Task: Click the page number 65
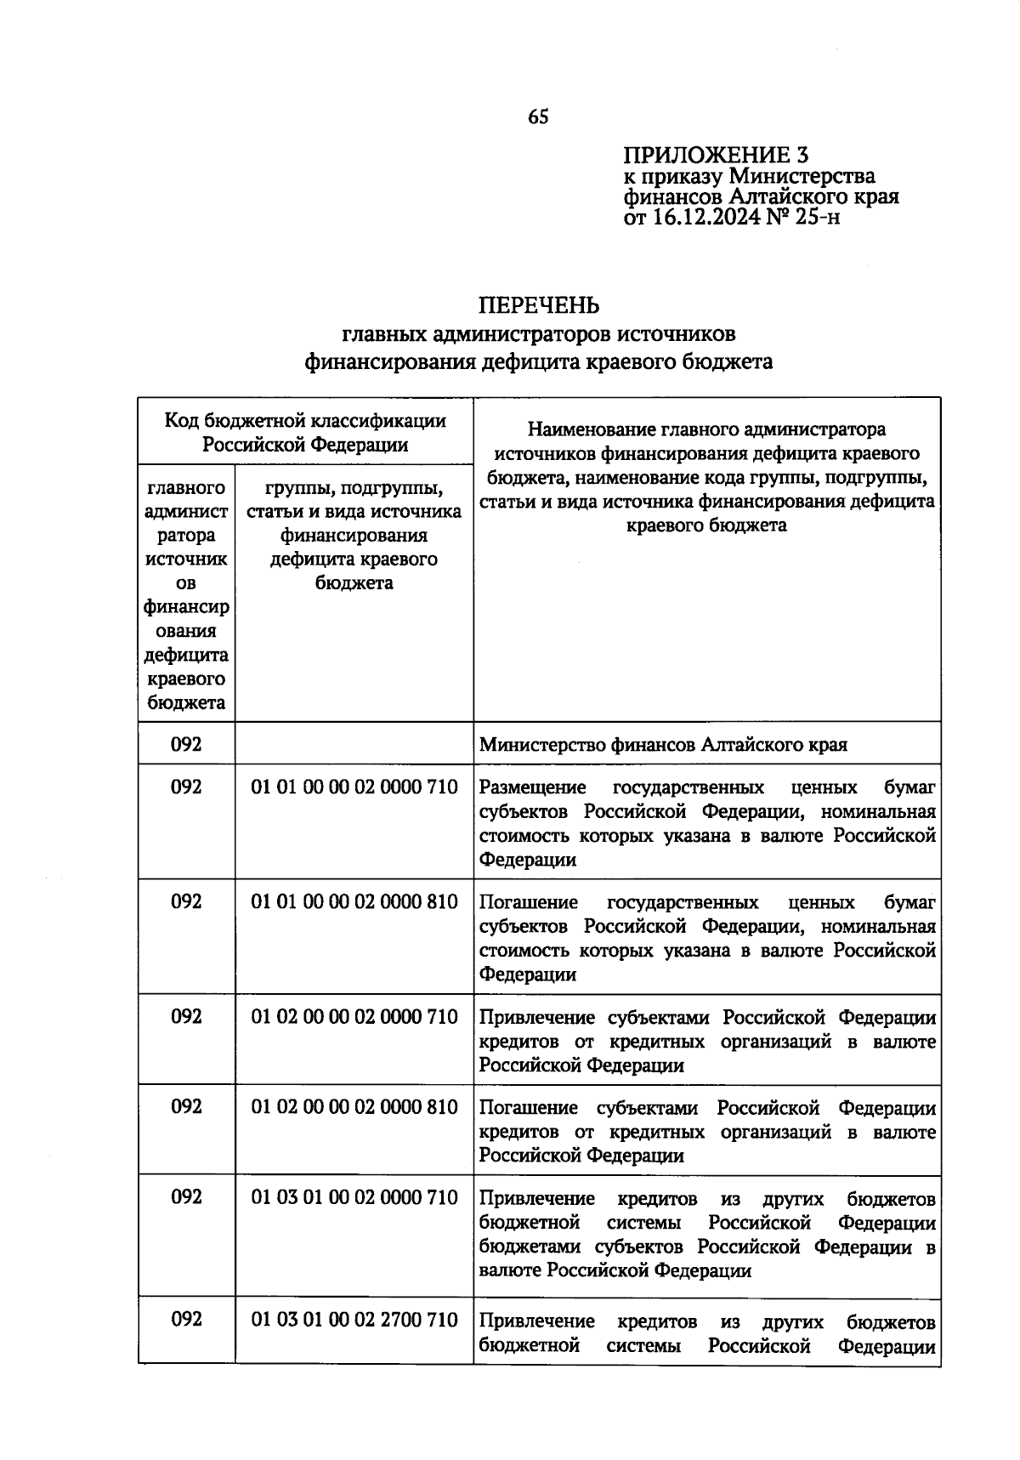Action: pyautogui.click(x=538, y=117)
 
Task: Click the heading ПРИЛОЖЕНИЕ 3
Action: pyautogui.click(x=716, y=155)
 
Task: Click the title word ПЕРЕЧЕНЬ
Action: pyautogui.click(x=539, y=304)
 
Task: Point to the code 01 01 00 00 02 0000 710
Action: pyautogui.click(x=354, y=787)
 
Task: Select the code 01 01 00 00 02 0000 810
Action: pyautogui.click(x=354, y=902)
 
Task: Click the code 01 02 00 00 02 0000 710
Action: pyautogui.click(x=354, y=1017)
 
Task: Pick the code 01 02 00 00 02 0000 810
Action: pyautogui.click(x=354, y=1107)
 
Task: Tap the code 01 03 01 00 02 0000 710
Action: pyautogui.click(x=354, y=1198)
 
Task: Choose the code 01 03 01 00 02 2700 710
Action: pyautogui.click(x=354, y=1321)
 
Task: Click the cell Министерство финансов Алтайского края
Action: pyautogui.click(x=663, y=746)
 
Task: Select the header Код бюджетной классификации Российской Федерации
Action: pyautogui.click(x=305, y=432)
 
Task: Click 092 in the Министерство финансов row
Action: pyautogui.click(x=186, y=745)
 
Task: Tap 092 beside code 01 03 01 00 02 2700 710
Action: pyautogui.click(x=186, y=1321)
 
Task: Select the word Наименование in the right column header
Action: pyautogui.click(x=586, y=429)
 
